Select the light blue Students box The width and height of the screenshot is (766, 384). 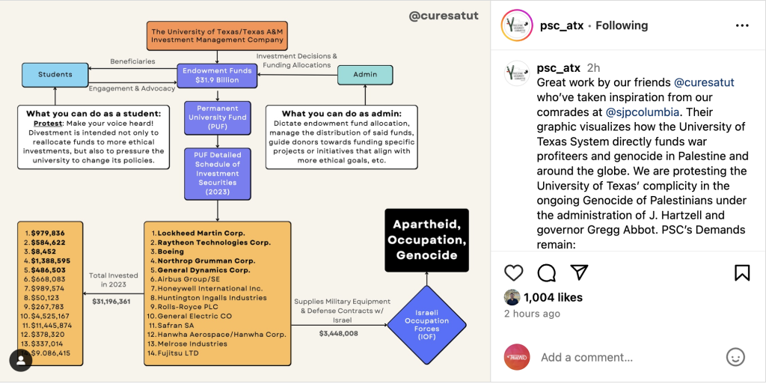55,74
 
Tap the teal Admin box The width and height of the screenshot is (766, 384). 364,75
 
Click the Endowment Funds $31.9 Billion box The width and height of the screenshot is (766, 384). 216,75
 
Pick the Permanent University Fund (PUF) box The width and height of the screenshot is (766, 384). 216,118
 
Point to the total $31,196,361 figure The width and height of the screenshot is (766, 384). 111,302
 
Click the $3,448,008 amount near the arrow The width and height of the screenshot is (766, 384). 338,333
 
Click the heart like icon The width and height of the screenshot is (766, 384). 514,272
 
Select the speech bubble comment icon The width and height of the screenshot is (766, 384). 547,272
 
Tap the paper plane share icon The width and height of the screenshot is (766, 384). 579,272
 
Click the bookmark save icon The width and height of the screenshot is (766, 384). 741,272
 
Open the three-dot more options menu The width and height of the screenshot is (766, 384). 741,25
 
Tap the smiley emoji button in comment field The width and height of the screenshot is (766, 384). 735,357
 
